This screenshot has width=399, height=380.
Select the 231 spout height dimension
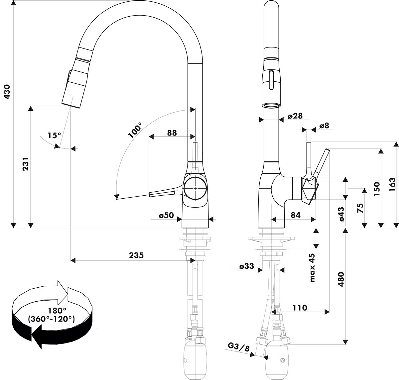pos(26,164)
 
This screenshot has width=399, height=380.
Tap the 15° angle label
pos(54,136)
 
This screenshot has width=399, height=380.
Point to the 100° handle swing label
pos(135,129)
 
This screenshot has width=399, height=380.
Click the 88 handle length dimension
pos(172,133)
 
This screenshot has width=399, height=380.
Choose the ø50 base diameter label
pos(166,215)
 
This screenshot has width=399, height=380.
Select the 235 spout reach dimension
pos(136,255)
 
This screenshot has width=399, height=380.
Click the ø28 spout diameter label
pos(295,116)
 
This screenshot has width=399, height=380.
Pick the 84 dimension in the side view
pos(295,215)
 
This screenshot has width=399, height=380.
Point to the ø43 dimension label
pos(341,214)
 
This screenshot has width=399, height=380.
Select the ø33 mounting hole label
pos(246,266)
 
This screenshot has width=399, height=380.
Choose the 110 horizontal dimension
pos(300,308)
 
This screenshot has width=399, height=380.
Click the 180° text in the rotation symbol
pos(57,311)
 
